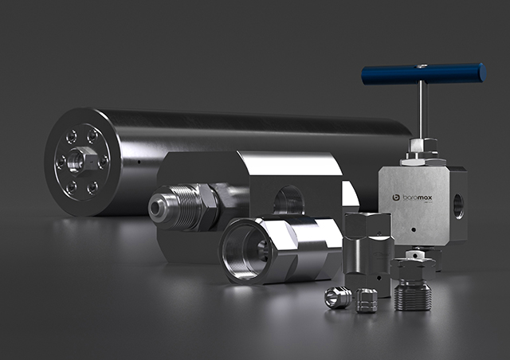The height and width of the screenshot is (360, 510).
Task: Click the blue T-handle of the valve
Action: click(424, 73)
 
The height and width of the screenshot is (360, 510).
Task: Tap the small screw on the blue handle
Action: click(422, 66)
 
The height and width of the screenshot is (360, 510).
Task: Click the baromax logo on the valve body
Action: click(413, 198)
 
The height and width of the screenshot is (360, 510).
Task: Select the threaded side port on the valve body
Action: click(458, 206)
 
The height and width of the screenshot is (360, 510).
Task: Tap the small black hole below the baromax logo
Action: click(414, 229)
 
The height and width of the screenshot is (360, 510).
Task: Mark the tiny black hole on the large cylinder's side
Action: click(139, 162)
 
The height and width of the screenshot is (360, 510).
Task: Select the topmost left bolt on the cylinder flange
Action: click(71, 136)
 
